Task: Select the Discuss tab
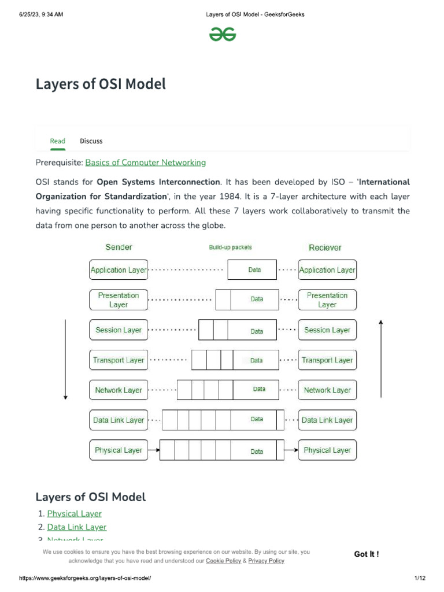(x=91, y=141)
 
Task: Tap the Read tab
(x=58, y=141)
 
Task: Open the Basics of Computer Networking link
(x=145, y=162)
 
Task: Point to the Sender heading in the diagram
(x=119, y=247)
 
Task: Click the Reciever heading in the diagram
(x=325, y=247)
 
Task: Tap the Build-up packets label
(x=230, y=247)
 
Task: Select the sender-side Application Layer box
(x=119, y=270)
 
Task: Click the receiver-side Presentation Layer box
(x=327, y=299)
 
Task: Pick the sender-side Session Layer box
(x=119, y=330)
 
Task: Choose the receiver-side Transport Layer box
(x=327, y=360)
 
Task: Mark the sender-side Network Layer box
(x=119, y=390)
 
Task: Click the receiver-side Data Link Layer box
(x=327, y=420)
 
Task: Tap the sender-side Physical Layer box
(x=119, y=450)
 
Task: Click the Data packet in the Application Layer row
(x=253, y=270)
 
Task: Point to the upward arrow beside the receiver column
(x=381, y=358)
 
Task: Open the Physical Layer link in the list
(x=74, y=513)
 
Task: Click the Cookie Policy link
(x=223, y=561)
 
